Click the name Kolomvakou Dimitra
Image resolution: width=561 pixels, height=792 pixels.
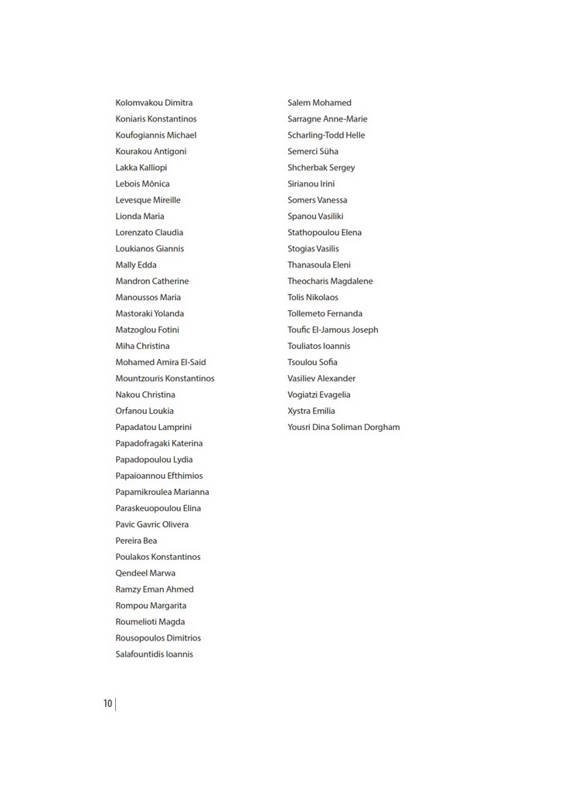point(154,103)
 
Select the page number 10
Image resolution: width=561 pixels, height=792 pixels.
point(107,704)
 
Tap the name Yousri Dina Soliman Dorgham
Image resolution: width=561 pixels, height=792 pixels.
point(343,427)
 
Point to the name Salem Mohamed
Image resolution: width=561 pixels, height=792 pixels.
point(319,103)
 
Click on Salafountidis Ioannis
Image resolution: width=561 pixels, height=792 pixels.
point(154,654)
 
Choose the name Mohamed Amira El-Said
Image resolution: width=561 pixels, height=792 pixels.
point(160,362)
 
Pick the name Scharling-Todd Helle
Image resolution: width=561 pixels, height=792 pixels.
point(326,135)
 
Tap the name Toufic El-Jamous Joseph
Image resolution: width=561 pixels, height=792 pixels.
point(332,329)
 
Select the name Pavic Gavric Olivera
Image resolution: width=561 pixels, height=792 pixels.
point(151,524)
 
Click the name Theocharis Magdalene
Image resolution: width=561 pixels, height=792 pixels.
point(330,282)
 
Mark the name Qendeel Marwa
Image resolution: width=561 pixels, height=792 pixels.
point(145,573)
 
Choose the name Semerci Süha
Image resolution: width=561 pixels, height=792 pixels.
point(312,152)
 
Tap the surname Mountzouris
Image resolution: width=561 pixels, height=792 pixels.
point(140,378)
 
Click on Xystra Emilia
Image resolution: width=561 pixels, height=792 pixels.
point(311,411)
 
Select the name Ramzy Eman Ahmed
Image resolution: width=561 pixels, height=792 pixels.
point(155,589)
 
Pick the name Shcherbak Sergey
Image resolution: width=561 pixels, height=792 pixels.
point(321,168)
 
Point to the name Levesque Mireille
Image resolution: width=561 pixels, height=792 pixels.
point(148,200)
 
